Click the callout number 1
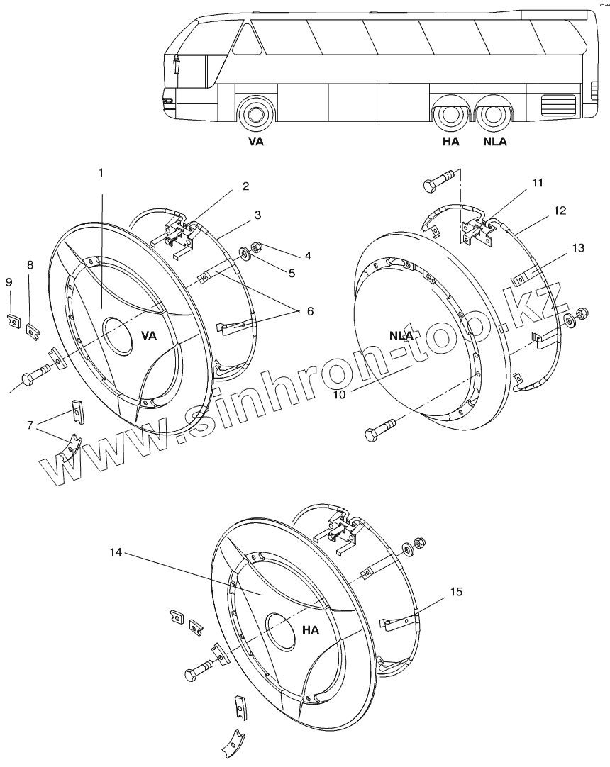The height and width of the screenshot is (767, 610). coord(101,173)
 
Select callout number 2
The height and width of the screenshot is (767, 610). coord(245,186)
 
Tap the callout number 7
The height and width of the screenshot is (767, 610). coord(30,425)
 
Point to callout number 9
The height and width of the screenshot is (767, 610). coord(9,282)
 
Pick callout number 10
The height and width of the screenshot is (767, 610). coord(339,394)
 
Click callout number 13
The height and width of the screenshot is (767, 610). coord(579,247)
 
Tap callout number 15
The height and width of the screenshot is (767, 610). coord(456,592)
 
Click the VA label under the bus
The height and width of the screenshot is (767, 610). coord(256,142)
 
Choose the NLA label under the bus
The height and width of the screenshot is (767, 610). coord(494,142)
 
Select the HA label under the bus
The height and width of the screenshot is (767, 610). coord(451,142)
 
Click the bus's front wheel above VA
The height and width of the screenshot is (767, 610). coord(256,115)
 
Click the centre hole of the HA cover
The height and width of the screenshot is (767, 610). coord(282,631)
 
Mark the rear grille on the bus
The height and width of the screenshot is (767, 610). coord(558,104)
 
